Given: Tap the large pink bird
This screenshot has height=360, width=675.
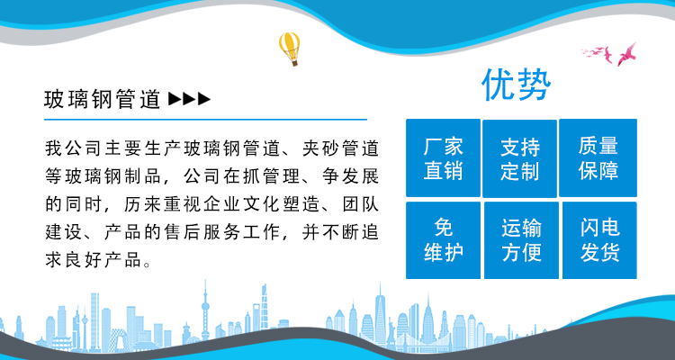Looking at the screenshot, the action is click(626, 54).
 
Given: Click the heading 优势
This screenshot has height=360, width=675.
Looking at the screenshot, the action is click(517, 85).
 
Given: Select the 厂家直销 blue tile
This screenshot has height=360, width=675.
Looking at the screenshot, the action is click(443, 158).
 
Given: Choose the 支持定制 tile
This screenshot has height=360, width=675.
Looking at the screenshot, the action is click(519, 158).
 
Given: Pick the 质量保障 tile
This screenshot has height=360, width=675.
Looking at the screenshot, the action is click(598, 158).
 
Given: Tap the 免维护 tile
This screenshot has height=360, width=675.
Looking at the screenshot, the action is click(443, 240).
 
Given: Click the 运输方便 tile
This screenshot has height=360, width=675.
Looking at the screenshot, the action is click(521, 240).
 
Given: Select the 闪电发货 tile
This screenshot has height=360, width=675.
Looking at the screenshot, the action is click(599, 240).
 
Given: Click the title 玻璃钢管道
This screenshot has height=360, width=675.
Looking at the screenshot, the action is click(103, 100).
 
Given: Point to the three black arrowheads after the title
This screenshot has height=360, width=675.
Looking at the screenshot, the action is click(189, 100).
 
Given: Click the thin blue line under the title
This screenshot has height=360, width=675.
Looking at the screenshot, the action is click(205, 120).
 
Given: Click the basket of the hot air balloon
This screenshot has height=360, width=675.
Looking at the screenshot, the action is click(294, 63).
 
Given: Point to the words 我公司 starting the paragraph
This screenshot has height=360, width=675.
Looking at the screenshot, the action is click(66, 148).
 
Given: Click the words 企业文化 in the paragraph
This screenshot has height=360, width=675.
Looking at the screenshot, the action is click(223, 204).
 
